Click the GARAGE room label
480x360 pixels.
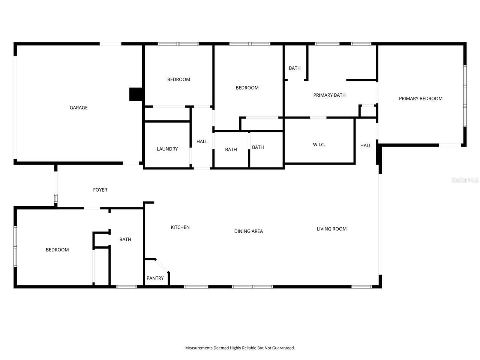coord(78,108)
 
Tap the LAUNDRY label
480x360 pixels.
coord(167,149)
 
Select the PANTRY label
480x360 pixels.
coord(155,278)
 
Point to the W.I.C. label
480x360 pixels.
coord(319,145)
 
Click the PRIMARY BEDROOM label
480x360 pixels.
coord(420,99)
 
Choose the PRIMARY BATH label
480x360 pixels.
coord(329,95)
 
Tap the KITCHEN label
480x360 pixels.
coord(180,227)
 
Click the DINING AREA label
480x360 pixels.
coord(248,231)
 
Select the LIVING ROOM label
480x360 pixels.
coord(331,229)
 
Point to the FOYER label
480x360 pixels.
coord(100,190)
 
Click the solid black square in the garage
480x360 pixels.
coord(136,94)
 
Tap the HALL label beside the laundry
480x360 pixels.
coord(202,142)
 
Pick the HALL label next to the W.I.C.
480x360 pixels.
coord(366,145)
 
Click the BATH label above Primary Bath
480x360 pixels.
coord(294,68)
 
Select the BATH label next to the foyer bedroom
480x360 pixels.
coord(125,239)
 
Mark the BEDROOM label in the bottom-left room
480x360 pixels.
coord(57,250)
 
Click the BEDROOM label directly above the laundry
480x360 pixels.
coord(178,79)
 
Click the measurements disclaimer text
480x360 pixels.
coord(240,348)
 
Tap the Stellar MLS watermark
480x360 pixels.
coord(465,180)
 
